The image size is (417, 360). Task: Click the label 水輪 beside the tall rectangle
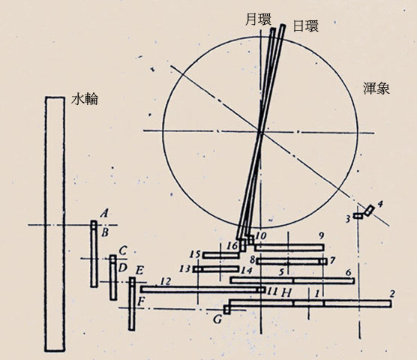[85, 99]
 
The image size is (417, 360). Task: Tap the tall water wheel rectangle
[55, 223]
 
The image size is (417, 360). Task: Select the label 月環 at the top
[258, 20]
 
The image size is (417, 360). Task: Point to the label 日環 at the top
[305, 25]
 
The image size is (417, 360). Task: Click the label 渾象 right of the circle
[376, 88]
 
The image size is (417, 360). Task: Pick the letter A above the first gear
[105, 213]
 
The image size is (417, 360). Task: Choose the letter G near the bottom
[217, 319]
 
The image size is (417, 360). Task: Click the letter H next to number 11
[286, 293]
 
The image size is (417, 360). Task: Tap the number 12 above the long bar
[166, 281]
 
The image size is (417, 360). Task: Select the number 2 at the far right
[392, 294]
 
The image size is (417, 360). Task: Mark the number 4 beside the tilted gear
[380, 204]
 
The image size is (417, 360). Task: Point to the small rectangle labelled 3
[358, 216]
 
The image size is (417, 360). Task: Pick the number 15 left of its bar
[195, 254]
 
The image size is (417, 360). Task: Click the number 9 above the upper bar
[321, 235]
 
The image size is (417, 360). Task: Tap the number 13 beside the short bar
[184, 268]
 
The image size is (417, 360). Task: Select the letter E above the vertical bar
[139, 271]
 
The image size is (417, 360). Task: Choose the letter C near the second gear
[122, 250]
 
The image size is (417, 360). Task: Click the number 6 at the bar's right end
[349, 272]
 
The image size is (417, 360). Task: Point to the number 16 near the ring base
[232, 246]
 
